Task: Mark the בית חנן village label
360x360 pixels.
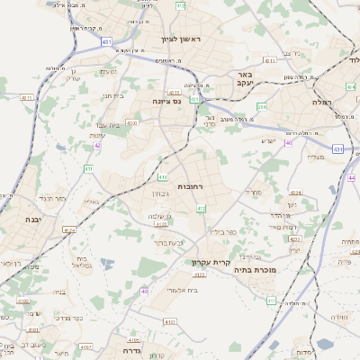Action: pos(112,95)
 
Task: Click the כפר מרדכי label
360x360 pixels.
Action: pos(68,318)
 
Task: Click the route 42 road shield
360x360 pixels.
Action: pos(97,144)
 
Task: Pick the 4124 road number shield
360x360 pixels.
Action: pos(68,230)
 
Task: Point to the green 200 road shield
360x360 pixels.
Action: pos(262,107)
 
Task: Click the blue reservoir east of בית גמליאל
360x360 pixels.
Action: pos(107,264)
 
